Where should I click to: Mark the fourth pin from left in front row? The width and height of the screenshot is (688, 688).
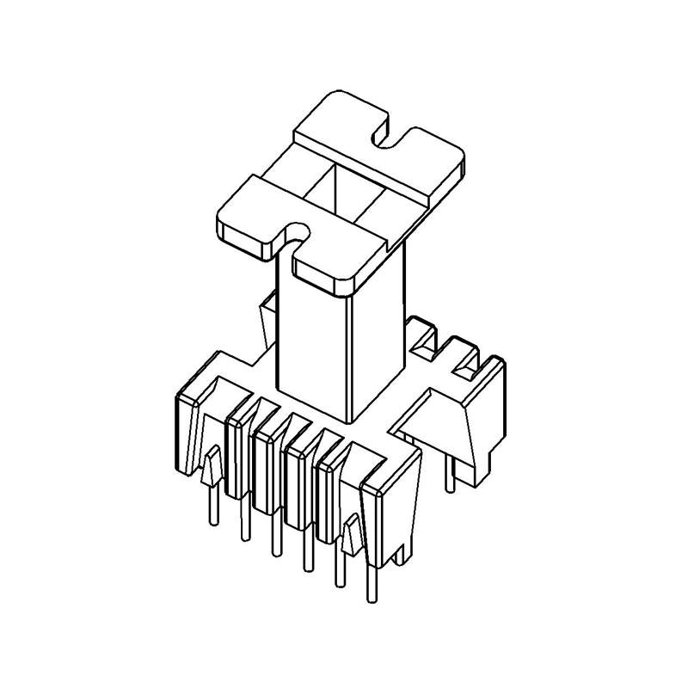[x=304, y=555]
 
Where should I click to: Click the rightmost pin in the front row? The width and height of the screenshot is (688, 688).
[x=371, y=585]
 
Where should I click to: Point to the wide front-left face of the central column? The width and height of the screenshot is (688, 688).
[x=310, y=344]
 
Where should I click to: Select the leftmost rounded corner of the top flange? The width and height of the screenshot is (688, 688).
[x=225, y=219]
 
